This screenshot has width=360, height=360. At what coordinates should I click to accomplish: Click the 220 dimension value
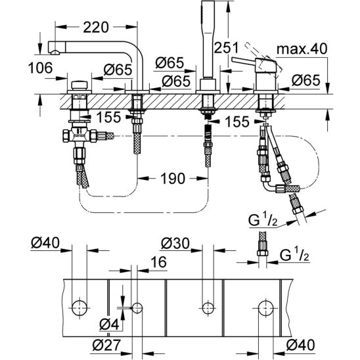[96, 28]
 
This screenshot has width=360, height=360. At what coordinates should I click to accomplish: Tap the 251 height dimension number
[226, 48]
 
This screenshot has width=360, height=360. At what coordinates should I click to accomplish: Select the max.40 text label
[302, 49]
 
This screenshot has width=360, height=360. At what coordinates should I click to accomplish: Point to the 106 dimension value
[41, 68]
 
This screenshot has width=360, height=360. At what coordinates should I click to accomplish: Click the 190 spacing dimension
[173, 179]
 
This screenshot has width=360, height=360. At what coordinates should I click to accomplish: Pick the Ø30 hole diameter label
[175, 243]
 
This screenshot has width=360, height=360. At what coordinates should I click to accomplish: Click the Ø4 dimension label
[109, 325]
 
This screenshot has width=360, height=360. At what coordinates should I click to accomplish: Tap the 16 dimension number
[158, 262]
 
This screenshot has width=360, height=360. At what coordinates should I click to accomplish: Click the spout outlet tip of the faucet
[55, 52]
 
